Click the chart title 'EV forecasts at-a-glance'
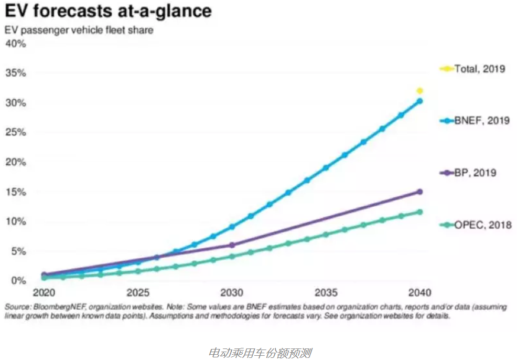[x=109, y=12]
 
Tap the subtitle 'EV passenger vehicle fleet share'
[x=79, y=30]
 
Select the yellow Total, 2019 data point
[x=419, y=91]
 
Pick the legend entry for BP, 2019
[x=468, y=173]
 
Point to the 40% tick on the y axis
[x=15, y=43]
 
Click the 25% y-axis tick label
[x=15, y=132]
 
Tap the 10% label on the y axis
[x=15, y=221]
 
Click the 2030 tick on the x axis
[x=232, y=292]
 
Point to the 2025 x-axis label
[x=138, y=292]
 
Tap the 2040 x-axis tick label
[x=419, y=292]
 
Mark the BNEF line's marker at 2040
[x=419, y=101]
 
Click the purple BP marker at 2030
[x=232, y=245]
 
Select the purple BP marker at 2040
[x=419, y=192]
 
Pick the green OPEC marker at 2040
[x=419, y=212]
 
